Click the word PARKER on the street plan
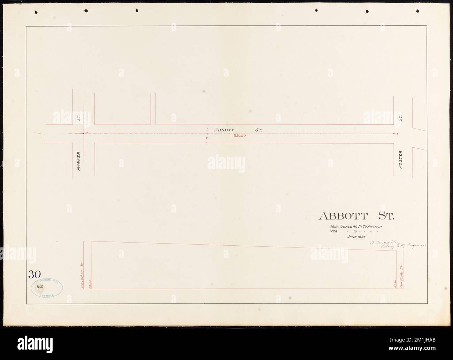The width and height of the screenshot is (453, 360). coord(78,161)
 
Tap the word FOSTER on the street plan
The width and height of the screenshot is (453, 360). coord(401,160)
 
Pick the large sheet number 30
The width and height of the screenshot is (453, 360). coord(35,274)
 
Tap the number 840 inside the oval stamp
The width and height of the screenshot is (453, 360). coord(39,286)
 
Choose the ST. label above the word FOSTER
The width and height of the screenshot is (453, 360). coord(401,118)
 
